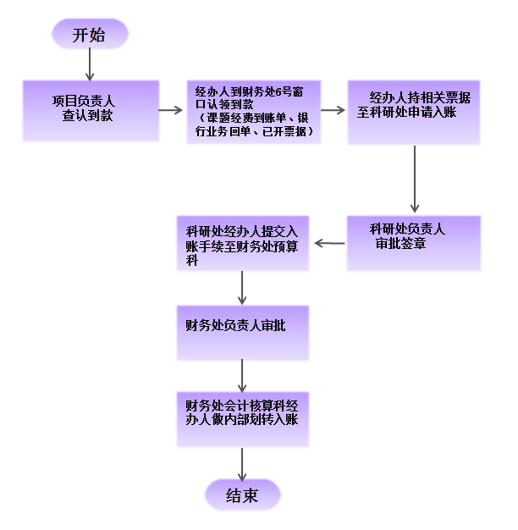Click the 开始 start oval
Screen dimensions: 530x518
90,35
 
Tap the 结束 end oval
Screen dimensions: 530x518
242,495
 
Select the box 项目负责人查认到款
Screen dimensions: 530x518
91,110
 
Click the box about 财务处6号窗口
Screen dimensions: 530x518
254,111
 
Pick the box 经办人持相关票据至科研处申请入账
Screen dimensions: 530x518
413,111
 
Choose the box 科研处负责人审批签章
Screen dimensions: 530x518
413,243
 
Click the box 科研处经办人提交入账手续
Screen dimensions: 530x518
243,243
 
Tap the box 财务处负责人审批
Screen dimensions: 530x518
243,333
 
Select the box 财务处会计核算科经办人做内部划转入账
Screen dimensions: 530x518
243,418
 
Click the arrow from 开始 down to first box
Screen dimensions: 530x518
90,64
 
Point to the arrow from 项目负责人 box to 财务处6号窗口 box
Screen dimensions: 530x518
173,110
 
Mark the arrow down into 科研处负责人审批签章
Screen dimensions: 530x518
414,179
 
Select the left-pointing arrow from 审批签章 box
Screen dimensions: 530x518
330,244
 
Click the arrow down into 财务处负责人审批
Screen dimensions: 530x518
243,288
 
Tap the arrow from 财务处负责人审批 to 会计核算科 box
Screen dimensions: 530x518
243,375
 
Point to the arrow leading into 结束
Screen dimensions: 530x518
243,464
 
